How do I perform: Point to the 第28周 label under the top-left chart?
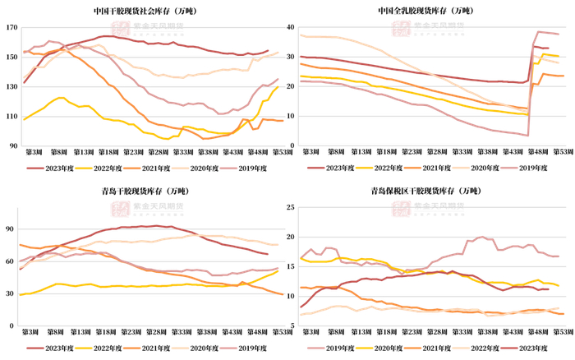coord(154,153)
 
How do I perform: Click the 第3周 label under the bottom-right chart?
coord(311,332)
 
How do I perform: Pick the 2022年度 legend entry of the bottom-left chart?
coord(105,348)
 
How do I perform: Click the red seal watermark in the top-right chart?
coord(400,28)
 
